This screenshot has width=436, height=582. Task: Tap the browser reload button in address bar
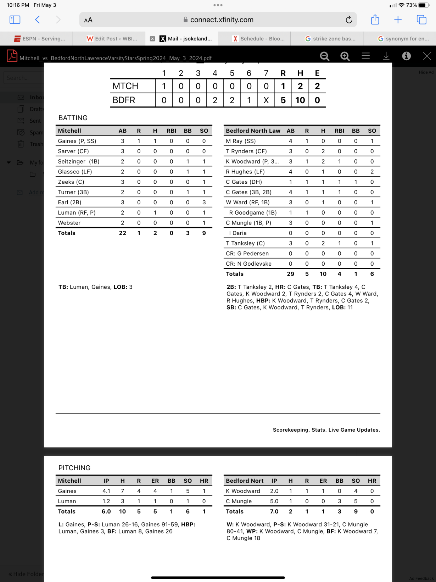click(x=349, y=20)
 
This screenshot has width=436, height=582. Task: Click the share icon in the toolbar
click(x=375, y=20)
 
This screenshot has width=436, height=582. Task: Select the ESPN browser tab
click(x=39, y=39)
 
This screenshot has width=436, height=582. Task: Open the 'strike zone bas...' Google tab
click(x=330, y=39)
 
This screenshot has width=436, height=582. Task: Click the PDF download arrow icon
click(x=386, y=56)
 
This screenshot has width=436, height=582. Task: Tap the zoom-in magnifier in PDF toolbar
click(x=345, y=56)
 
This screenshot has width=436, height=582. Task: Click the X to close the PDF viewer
click(x=427, y=56)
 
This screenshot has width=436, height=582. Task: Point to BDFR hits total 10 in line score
click(x=300, y=100)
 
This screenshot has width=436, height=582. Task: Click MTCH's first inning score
click(x=164, y=86)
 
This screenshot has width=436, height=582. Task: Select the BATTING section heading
click(x=73, y=118)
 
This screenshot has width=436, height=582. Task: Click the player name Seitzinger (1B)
click(x=79, y=161)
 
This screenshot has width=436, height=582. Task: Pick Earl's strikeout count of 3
click(x=204, y=203)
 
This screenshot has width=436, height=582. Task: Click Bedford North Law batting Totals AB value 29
click(x=290, y=274)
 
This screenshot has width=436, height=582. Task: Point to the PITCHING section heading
click(x=74, y=468)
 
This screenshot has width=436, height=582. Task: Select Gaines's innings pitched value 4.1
click(x=106, y=491)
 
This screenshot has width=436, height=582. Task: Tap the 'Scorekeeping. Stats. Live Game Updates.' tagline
click(x=326, y=430)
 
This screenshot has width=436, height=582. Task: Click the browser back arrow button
click(x=38, y=20)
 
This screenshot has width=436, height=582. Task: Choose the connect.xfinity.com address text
click(x=222, y=20)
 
